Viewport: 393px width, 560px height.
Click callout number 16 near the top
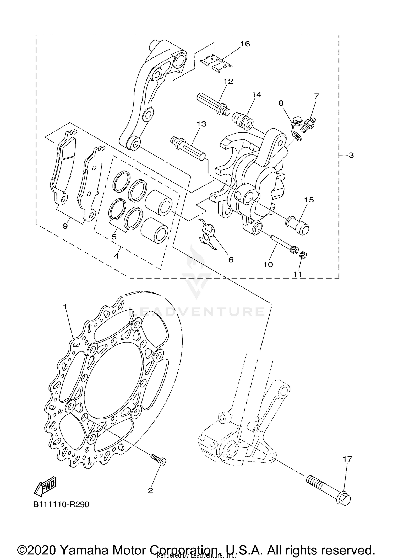(x=245, y=44)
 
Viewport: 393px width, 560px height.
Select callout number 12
(x=228, y=81)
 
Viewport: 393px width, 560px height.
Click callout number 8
(x=281, y=103)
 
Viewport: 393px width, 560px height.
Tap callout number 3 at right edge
(x=351, y=155)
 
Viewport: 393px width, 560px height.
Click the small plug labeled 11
(x=303, y=255)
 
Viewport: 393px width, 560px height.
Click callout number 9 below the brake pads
(x=65, y=226)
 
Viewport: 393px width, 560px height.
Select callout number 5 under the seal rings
(x=114, y=237)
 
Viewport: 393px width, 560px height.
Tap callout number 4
(x=116, y=256)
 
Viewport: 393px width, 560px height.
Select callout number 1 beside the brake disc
(x=65, y=306)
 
